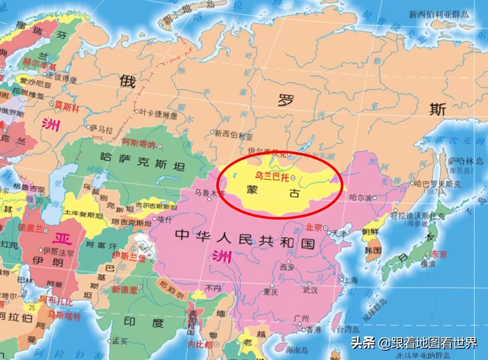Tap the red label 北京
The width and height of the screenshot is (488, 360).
tap(313, 227)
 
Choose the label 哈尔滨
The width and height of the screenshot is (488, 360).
tap(359, 198)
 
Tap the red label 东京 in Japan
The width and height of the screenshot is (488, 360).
tap(438, 254)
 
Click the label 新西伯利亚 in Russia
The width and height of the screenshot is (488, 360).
tap(233, 135)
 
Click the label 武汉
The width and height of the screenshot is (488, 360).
tap(310, 290)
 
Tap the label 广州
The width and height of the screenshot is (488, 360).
tap(302, 318)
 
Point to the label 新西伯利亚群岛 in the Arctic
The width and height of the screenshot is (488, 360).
tap(439, 14)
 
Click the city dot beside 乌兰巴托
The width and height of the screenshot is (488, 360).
tap(293, 178)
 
